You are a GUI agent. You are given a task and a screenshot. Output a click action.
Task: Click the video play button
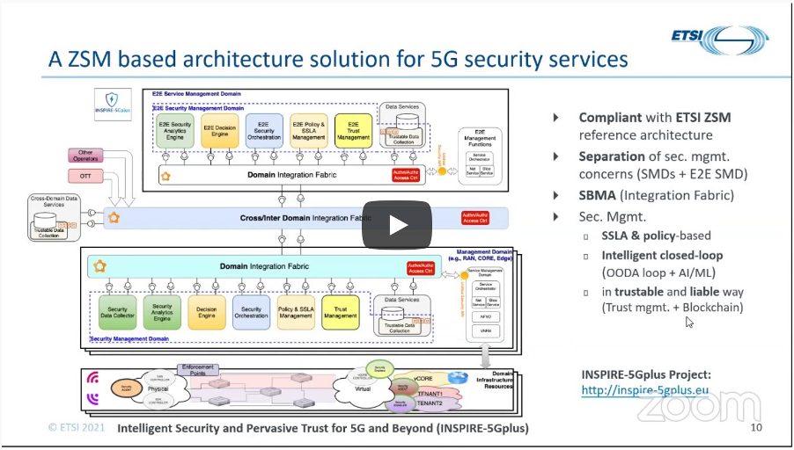[x=397, y=225]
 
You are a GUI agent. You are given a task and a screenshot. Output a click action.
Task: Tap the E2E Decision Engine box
[x=219, y=131]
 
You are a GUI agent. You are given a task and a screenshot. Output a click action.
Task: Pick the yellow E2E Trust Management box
[x=353, y=131]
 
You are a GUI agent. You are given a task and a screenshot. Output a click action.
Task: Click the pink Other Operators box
[x=85, y=157]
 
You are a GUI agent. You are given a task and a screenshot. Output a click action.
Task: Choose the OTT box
[x=85, y=177]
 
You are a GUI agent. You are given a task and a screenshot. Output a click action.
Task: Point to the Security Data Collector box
[x=117, y=313]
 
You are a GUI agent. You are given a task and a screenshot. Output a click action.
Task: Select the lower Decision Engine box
[x=207, y=313]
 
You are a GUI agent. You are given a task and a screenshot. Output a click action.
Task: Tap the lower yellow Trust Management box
[x=341, y=313]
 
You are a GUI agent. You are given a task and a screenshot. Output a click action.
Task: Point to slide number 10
[x=756, y=428]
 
